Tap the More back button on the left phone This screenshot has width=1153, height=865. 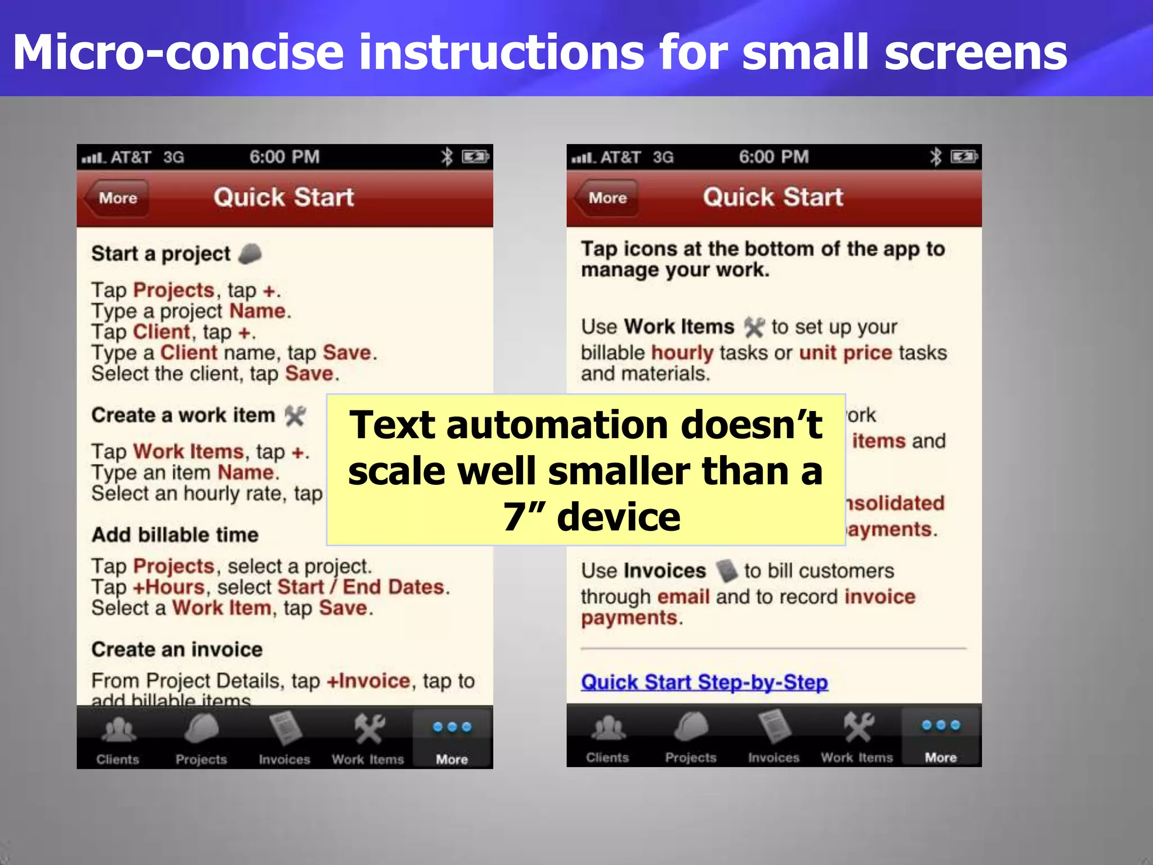[x=117, y=198]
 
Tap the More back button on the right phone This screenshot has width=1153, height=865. [x=607, y=198]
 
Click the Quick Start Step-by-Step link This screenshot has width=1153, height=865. [x=704, y=683]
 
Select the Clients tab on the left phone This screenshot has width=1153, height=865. [x=118, y=739]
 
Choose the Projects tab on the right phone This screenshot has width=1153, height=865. [x=690, y=738]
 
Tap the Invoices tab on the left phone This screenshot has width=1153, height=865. [x=284, y=739]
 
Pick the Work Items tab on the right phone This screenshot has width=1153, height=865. [x=857, y=738]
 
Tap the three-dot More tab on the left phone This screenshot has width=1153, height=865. [x=452, y=739]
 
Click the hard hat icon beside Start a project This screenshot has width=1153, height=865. [x=250, y=254]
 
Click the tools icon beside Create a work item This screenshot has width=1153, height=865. [x=295, y=416]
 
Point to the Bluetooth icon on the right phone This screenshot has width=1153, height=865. [x=935, y=157]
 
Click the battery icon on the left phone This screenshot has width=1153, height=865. [x=475, y=157]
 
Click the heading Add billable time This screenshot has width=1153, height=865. [x=175, y=535]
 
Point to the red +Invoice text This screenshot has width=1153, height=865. [x=368, y=681]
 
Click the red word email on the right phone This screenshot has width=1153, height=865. [x=683, y=597]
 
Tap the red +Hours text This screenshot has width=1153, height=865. [x=168, y=587]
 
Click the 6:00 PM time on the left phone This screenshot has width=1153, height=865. [x=284, y=157]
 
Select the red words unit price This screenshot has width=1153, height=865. [x=846, y=353]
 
